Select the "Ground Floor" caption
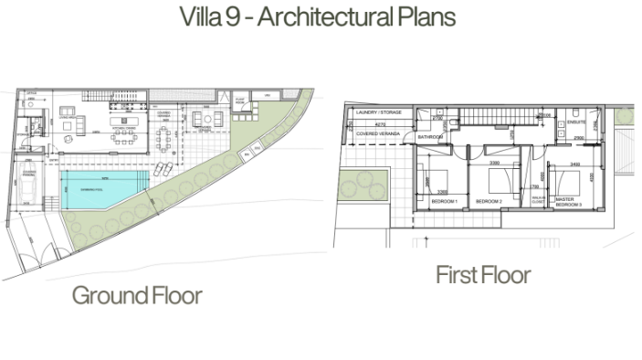pos(137,295)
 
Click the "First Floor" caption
pos(482,275)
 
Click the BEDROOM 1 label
pos(444,200)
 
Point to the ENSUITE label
pos(576,121)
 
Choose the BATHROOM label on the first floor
pos(429,137)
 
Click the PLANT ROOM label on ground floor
pos(241,101)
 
